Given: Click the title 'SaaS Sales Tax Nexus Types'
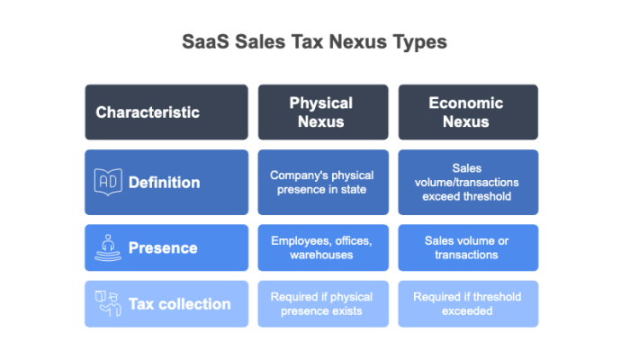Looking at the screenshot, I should (315, 42).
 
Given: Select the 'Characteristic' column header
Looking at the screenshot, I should (148, 112).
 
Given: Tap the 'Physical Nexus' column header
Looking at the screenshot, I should (321, 112).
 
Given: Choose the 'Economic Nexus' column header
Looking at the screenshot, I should (466, 112).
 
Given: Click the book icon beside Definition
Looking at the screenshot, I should (107, 182).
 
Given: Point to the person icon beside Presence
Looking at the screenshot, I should (107, 247).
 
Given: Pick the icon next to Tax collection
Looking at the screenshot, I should (107, 304).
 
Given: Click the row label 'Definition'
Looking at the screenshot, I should (164, 183).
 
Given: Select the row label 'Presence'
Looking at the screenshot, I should (163, 247).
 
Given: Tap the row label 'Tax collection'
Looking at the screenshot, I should (179, 304).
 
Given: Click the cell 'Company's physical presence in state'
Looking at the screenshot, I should (321, 182).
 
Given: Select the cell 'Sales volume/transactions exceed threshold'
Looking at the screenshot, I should (466, 182).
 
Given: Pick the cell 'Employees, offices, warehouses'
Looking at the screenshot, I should (321, 247).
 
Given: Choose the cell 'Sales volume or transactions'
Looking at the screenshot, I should (466, 247).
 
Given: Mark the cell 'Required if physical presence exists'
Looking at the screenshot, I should (321, 304).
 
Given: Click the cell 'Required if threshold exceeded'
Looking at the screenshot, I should (466, 304).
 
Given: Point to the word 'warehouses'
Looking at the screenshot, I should (321, 255).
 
